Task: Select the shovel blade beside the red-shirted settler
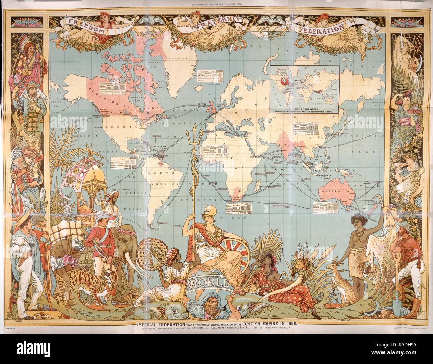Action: tap(398, 303)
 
